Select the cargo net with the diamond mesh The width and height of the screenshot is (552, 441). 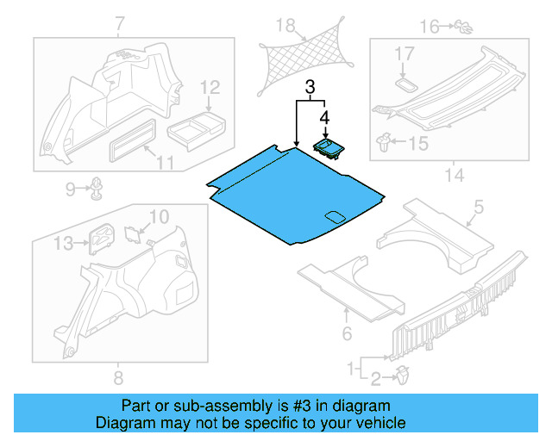click(304, 58)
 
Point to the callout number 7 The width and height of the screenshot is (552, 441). click(118, 23)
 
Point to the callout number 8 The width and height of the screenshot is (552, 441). click(118, 376)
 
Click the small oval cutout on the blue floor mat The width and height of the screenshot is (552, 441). click(333, 215)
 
